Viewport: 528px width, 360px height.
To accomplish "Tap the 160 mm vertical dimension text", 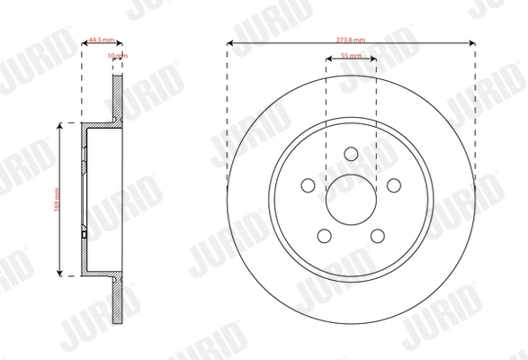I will [x=57, y=199].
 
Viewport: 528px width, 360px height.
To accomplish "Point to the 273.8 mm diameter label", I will [x=351, y=40].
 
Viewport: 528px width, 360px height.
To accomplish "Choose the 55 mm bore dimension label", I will [x=351, y=56].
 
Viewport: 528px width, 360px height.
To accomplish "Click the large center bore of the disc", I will [x=350, y=195].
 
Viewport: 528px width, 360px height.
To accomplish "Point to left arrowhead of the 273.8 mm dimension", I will [x=230, y=43].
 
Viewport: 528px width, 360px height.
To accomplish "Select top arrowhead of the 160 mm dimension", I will [x=60, y=126].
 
